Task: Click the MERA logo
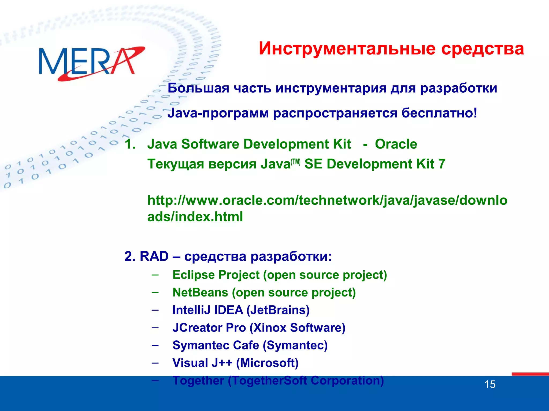click(x=91, y=63)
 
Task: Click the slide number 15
click(x=490, y=385)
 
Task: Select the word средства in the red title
click(x=482, y=49)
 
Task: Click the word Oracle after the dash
click(x=396, y=144)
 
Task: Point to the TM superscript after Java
click(x=296, y=162)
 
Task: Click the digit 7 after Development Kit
click(x=442, y=164)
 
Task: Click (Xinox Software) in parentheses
click(x=298, y=328)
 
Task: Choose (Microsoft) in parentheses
click(x=267, y=363)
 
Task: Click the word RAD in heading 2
click(x=154, y=256)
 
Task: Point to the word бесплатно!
click(x=439, y=113)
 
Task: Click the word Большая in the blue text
click(x=198, y=88)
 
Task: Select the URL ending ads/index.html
click(x=195, y=216)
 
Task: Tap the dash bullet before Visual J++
click(x=155, y=363)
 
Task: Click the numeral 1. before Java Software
click(x=130, y=144)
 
